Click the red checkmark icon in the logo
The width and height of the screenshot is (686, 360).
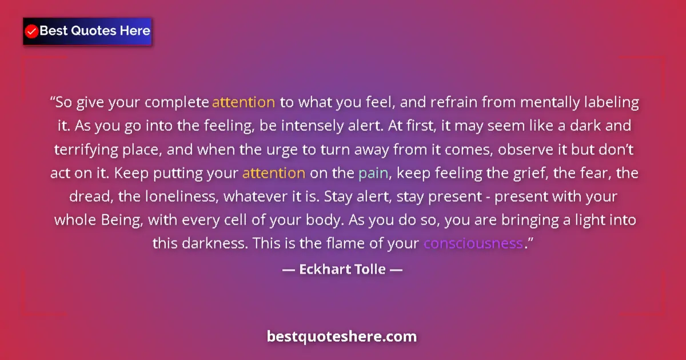pos(32,31)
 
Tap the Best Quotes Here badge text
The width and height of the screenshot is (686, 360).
pos(95,31)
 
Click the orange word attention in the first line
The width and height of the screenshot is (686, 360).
pos(244,103)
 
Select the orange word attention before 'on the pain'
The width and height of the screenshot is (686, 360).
pos(274,173)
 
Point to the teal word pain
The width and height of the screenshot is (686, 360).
pos(373,173)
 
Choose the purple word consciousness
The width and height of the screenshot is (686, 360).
pos(473,243)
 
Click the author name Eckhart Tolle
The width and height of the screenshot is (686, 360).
pos(342,269)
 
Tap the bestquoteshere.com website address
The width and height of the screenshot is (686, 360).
pos(342,336)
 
